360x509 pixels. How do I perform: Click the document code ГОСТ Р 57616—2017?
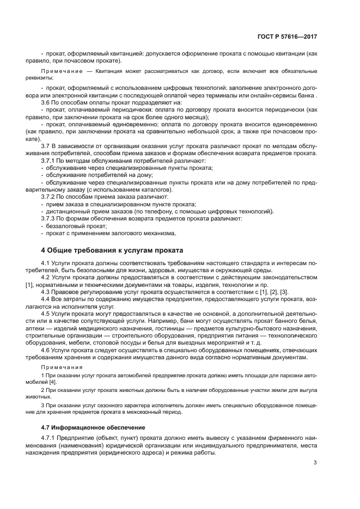287,36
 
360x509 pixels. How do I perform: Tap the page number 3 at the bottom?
315,463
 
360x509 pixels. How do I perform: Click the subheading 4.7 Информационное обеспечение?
91,427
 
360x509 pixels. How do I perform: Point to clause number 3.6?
47,102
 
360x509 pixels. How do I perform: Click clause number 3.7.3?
50,218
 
